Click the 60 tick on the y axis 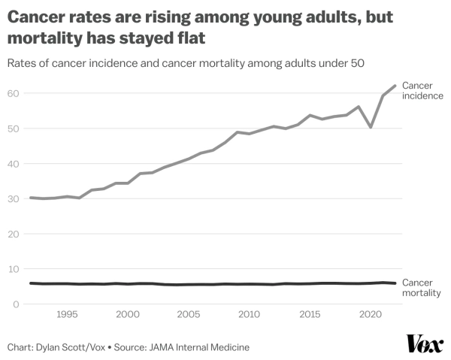14,93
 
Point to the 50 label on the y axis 14,129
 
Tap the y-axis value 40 14,164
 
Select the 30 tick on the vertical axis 14,199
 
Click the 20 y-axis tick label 14,234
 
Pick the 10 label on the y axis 14,269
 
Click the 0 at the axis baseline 16,304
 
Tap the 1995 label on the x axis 66,314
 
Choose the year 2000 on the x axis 127,314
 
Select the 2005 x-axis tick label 188,314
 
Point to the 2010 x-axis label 249,314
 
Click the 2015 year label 310,314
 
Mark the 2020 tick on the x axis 371,314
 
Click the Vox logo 425,344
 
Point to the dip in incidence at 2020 370,127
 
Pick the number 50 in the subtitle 356,63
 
